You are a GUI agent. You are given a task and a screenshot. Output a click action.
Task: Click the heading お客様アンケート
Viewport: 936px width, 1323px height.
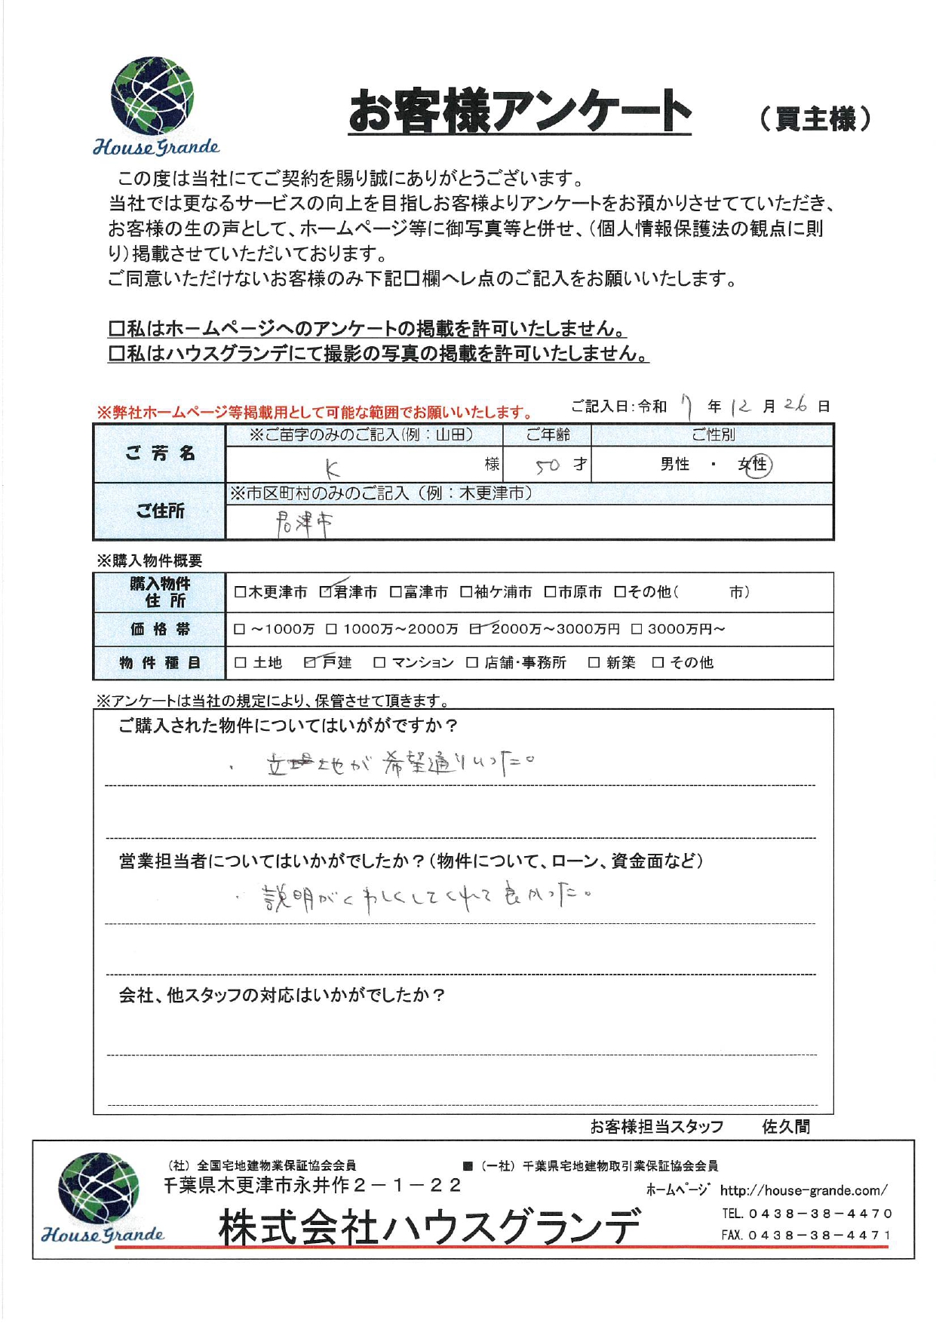(519, 111)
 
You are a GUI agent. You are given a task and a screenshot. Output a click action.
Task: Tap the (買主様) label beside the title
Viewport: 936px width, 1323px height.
(815, 118)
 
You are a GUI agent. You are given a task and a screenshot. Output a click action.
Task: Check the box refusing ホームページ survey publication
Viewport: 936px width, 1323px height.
(116, 329)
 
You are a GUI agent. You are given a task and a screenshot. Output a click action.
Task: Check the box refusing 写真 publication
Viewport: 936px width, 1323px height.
(116, 354)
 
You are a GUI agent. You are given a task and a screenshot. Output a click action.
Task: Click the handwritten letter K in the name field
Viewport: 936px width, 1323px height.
(333, 469)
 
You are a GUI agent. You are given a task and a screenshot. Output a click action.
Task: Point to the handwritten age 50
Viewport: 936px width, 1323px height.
(548, 466)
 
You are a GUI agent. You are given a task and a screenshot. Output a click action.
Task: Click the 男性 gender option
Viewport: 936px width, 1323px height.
(674, 465)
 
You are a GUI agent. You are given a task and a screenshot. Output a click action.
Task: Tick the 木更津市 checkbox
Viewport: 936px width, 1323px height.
(240, 592)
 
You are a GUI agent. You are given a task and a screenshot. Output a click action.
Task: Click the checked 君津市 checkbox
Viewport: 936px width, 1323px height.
(326, 592)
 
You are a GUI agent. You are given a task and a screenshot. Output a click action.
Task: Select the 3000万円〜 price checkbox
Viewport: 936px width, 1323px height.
(637, 629)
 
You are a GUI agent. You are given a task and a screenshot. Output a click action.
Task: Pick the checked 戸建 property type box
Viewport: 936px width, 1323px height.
(310, 662)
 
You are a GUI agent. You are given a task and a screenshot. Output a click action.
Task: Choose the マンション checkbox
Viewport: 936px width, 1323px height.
(379, 662)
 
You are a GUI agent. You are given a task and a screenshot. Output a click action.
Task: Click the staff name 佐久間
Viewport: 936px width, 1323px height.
(786, 1127)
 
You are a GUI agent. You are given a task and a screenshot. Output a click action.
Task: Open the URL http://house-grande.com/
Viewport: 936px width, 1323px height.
(803, 1191)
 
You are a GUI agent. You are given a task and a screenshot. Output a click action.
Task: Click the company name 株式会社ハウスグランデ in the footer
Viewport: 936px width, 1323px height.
(429, 1227)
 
